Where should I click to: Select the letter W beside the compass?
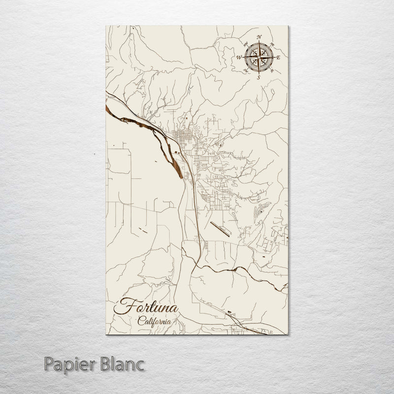239,57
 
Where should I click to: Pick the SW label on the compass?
246,70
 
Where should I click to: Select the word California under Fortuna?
155,322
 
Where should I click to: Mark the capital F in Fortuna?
122,306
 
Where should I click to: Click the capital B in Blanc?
106,365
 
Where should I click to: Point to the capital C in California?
141,321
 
